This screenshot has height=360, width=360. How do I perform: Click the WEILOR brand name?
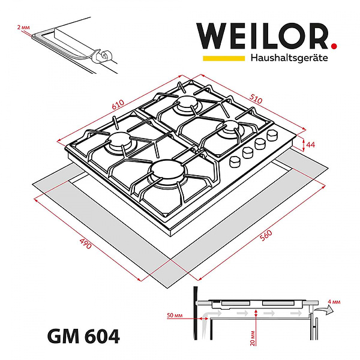click(x=262, y=37)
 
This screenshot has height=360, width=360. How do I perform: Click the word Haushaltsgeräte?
click(x=289, y=59)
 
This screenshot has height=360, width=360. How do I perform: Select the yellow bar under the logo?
click(x=223, y=59)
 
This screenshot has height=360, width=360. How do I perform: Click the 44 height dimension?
click(x=311, y=145)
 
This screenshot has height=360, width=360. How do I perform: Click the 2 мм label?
click(x=23, y=28)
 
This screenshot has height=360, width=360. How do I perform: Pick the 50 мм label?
click(x=175, y=316)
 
